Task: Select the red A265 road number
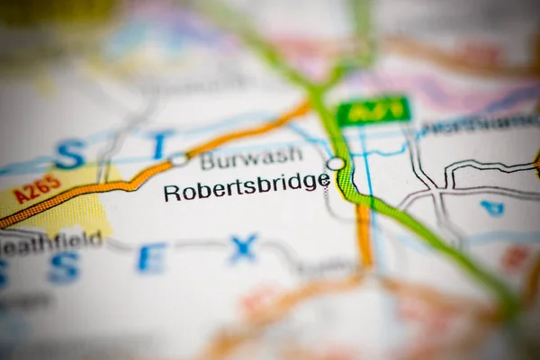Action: click(38, 189)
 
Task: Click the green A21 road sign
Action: click(373, 111)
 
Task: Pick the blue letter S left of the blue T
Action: click(69, 155)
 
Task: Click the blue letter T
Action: click(160, 144)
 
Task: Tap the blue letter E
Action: click(151, 258)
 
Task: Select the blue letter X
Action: click(243, 248)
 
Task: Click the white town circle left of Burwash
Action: click(178, 159)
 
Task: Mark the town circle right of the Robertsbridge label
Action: click(336, 164)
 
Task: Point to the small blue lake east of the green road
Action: click(492, 209)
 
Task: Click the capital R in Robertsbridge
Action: click(171, 192)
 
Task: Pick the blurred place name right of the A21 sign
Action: click(477, 123)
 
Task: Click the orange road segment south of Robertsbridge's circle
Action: click(364, 234)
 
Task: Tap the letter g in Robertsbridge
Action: click(310, 184)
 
